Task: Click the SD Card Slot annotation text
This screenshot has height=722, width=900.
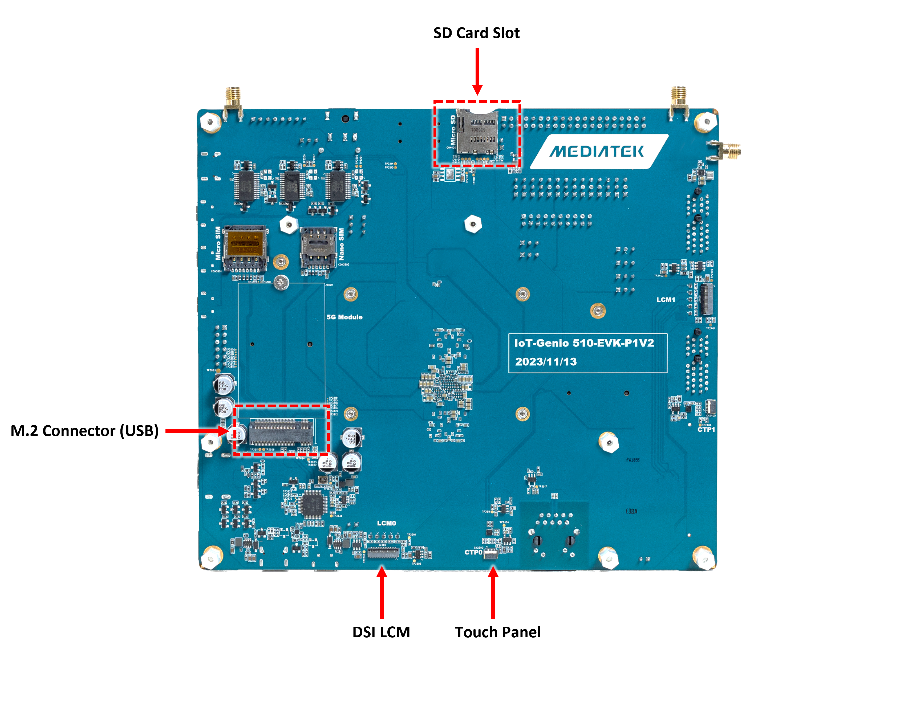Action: pos(476,33)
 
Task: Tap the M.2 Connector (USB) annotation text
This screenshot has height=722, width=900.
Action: pos(85,431)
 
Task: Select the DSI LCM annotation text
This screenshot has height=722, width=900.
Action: pos(381,632)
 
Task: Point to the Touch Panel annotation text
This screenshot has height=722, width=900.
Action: pos(498,632)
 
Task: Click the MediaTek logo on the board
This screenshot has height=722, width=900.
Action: pos(597,152)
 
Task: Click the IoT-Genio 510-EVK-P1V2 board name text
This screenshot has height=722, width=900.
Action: pos(583,343)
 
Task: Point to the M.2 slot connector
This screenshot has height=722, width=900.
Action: pos(281,432)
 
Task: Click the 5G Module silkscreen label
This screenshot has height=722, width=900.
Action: pos(344,317)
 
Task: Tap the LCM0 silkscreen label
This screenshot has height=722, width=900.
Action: pos(387,523)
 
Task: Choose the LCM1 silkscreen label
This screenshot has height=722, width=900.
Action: pos(665,300)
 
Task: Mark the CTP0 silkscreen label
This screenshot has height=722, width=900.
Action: pos(473,552)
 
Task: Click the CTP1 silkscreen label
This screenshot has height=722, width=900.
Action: pos(706,429)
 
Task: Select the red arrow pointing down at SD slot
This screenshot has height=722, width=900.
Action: pos(477,71)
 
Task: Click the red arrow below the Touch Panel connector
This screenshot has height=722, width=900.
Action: pos(493,593)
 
